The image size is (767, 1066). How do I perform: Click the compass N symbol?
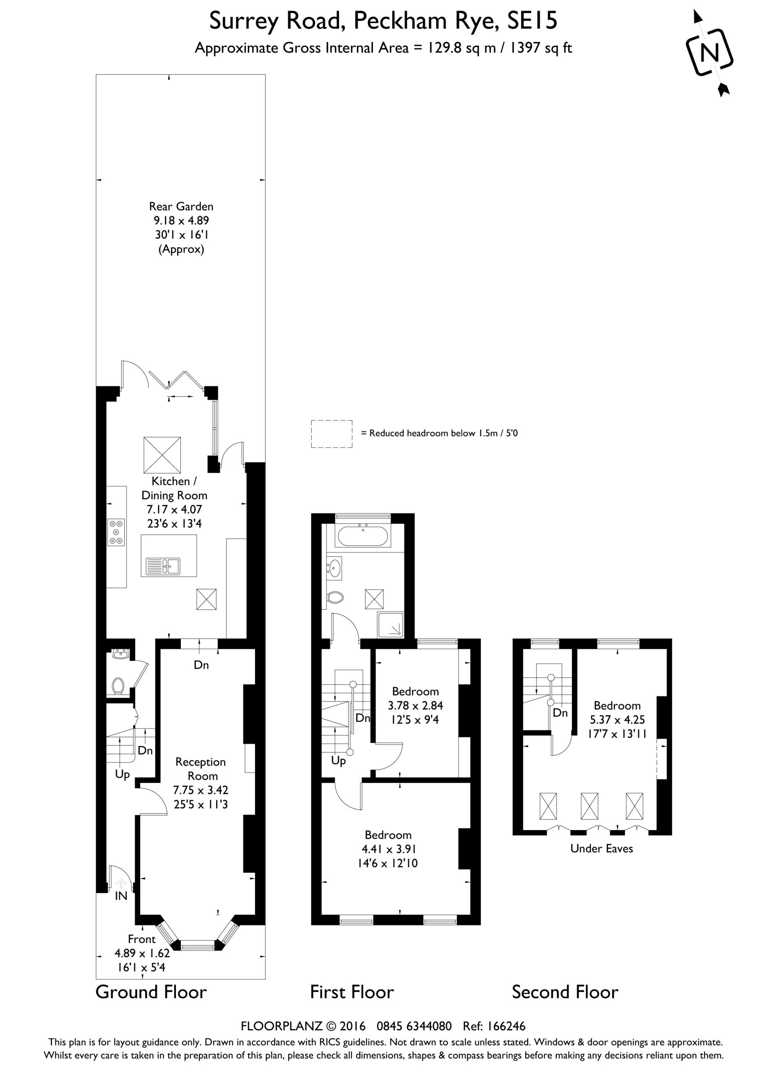tap(709, 52)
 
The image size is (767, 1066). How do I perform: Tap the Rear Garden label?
tap(181, 206)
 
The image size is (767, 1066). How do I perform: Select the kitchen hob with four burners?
tap(116, 532)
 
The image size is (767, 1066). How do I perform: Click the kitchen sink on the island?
tap(163, 566)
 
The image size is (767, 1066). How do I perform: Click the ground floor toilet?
tap(117, 686)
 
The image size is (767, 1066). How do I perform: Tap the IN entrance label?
tap(121, 896)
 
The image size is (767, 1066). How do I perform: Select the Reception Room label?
tap(201, 769)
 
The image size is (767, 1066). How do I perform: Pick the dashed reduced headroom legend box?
tap(332, 434)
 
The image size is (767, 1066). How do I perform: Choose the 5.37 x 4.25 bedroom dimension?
tap(618, 720)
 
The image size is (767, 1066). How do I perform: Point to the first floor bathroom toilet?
tap(336, 597)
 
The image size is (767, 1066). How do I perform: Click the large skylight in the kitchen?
tap(162, 455)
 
